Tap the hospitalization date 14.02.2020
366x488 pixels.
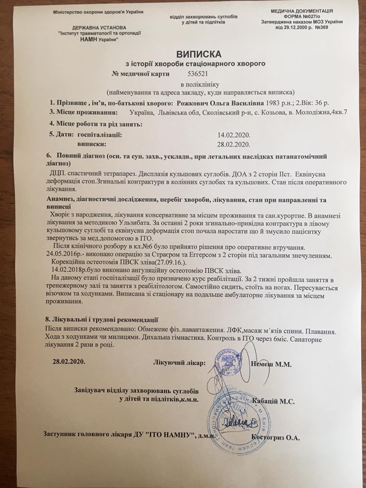pyautogui.click(x=233, y=135)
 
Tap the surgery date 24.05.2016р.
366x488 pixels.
pyautogui.click(x=66, y=254)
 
